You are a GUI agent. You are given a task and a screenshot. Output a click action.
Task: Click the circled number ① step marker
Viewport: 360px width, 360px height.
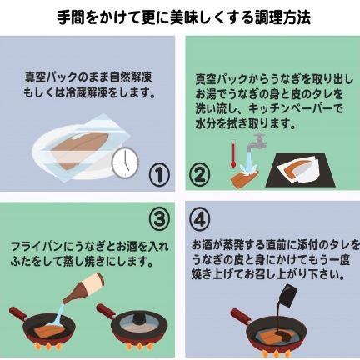click(159, 174)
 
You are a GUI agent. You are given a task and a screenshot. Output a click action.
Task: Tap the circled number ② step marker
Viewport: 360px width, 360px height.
click(200, 174)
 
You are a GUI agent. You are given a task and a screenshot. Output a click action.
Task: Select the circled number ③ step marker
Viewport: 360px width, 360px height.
click(159, 218)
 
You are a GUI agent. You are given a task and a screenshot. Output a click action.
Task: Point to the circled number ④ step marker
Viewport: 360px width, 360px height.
click(200, 218)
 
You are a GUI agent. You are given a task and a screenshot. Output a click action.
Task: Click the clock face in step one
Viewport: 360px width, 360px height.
click(125, 162)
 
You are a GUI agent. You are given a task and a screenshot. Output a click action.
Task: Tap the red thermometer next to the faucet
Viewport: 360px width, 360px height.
click(233, 154)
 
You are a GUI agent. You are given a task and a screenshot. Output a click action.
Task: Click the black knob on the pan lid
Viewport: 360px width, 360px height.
click(138, 317)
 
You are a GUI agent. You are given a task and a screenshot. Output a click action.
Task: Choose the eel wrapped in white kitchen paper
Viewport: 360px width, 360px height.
click(297, 169)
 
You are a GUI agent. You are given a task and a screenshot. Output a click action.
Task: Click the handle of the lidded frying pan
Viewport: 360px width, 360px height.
click(106, 310)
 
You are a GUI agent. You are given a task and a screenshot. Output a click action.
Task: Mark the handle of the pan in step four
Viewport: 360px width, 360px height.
click(241, 316)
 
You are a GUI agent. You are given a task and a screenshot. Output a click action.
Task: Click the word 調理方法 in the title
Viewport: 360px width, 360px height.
click(282, 18)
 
